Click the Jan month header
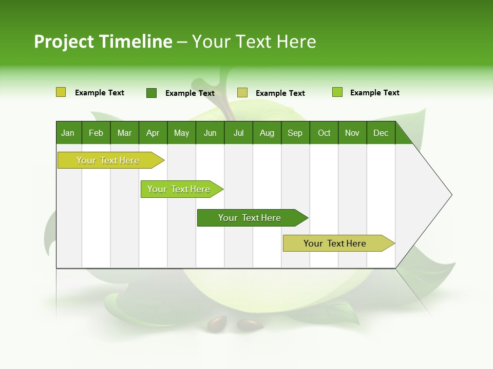(68, 133)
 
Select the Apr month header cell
(153, 133)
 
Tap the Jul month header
(238, 133)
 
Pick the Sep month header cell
(295, 133)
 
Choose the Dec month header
(381, 133)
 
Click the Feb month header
(96, 133)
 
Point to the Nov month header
(352, 133)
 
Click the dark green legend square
(151, 93)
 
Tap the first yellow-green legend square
(61, 92)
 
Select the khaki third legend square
(242, 93)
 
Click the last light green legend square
(337, 92)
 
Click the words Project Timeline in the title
(103, 42)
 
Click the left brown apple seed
(217, 323)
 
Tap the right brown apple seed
(250, 324)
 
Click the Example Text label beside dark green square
(190, 93)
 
